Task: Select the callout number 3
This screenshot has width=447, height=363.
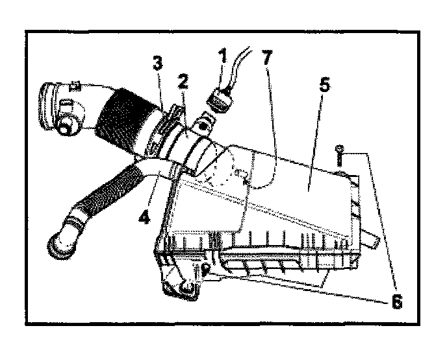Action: coord(157,65)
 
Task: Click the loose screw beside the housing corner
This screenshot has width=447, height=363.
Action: coord(340,156)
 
